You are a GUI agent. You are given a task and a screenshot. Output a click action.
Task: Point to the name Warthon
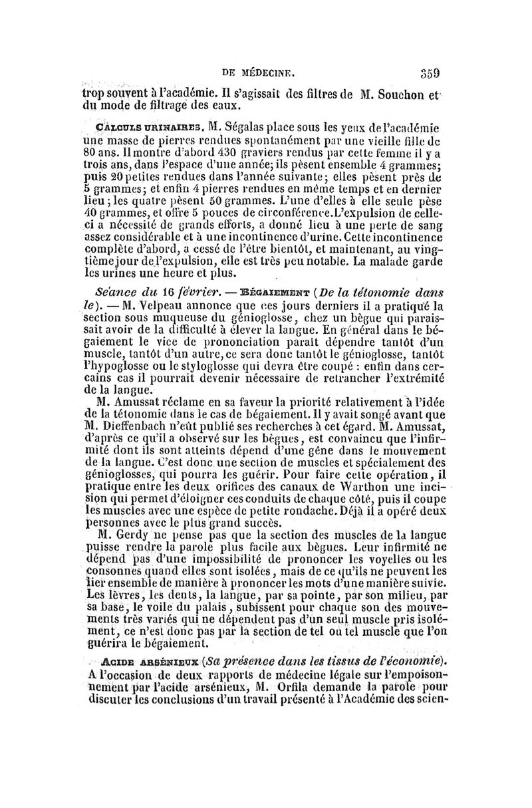tap(364, 491)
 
